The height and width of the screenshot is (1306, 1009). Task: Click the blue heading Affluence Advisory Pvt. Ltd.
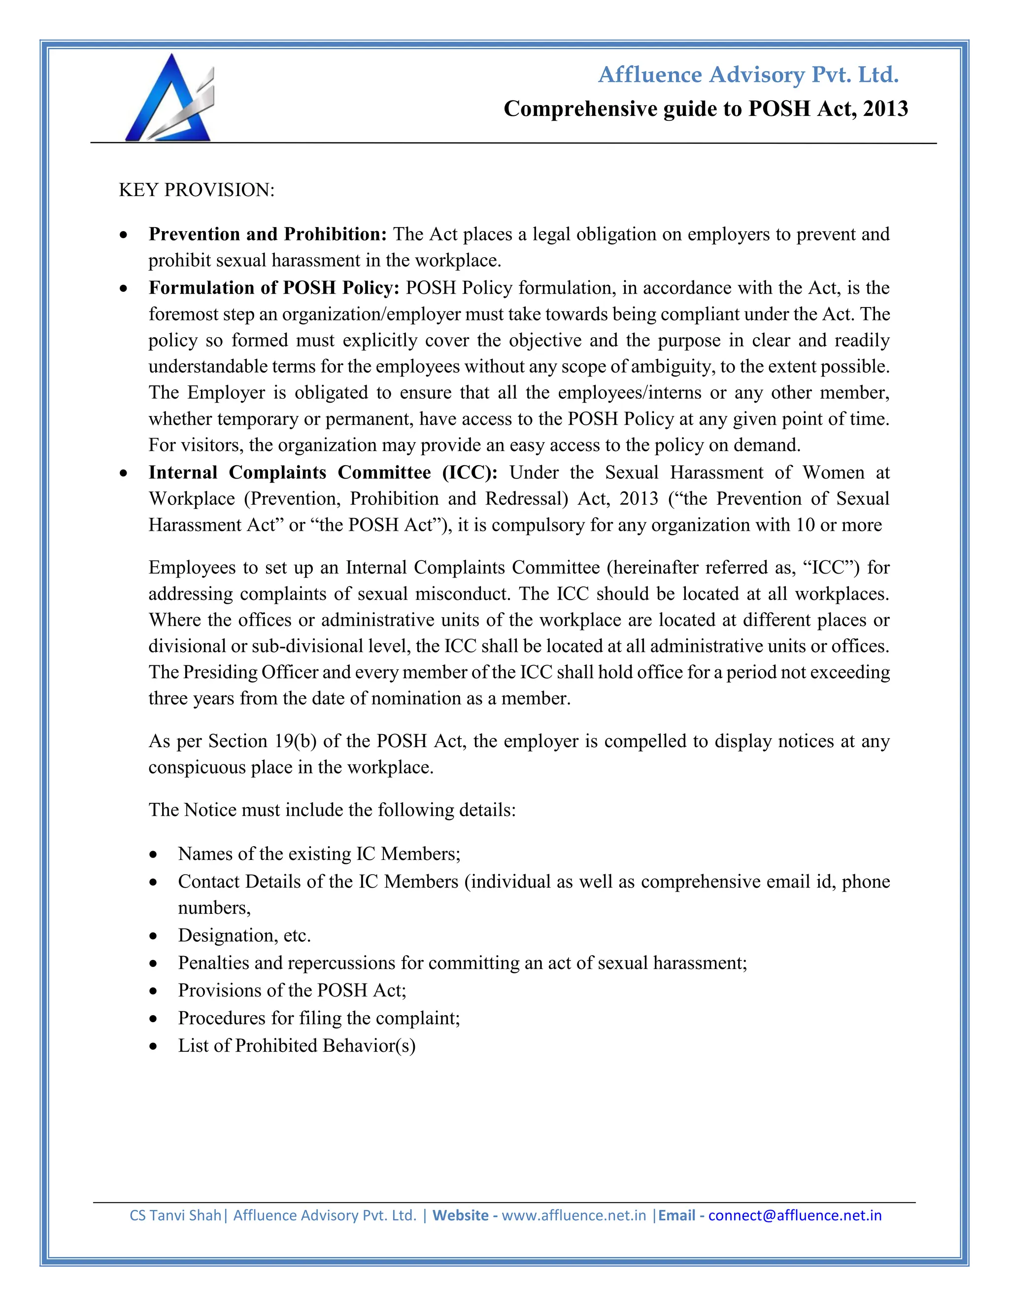tap(748, 75)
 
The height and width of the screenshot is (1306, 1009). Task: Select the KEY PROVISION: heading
tap(197, 190)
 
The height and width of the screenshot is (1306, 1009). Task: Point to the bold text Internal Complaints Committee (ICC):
tap(323, 473)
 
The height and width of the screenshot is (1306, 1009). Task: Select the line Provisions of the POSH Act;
tap(292, 990)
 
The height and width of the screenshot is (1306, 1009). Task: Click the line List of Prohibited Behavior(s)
tap(297, 1045)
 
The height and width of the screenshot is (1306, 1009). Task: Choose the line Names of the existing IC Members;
tap(319, 853)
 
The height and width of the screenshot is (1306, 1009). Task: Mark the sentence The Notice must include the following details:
tap(332, 810)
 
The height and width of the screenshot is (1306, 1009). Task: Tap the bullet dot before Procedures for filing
tap(154, 1018)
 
